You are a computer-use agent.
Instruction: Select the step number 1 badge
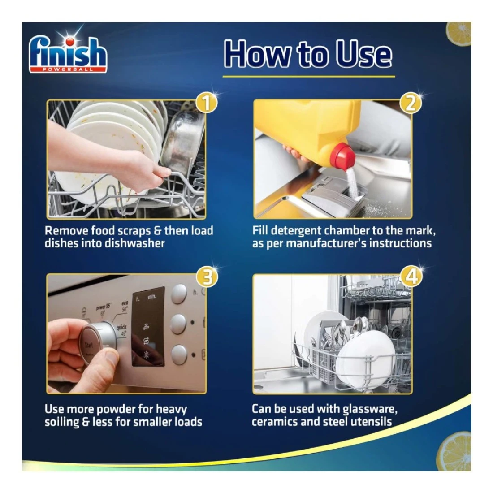pyautogui.click(x=206, y=103)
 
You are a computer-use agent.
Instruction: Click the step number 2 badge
pyautogui.click(x=410, y=103)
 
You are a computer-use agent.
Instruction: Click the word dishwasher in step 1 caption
pyautogui.click(x=134, y=243)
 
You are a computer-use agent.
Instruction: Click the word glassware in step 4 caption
pyautogui.click(x=370, y=409)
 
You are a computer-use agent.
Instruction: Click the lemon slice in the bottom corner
pyautogui.click(x=455, y=452)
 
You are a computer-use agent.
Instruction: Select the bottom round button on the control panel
pyautogui.click(x=179, y=355)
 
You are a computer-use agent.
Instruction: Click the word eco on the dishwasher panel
pyautogui.click(x=125, y=303)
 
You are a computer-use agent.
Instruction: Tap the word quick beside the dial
pyautogui.click(x=121, y=328)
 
